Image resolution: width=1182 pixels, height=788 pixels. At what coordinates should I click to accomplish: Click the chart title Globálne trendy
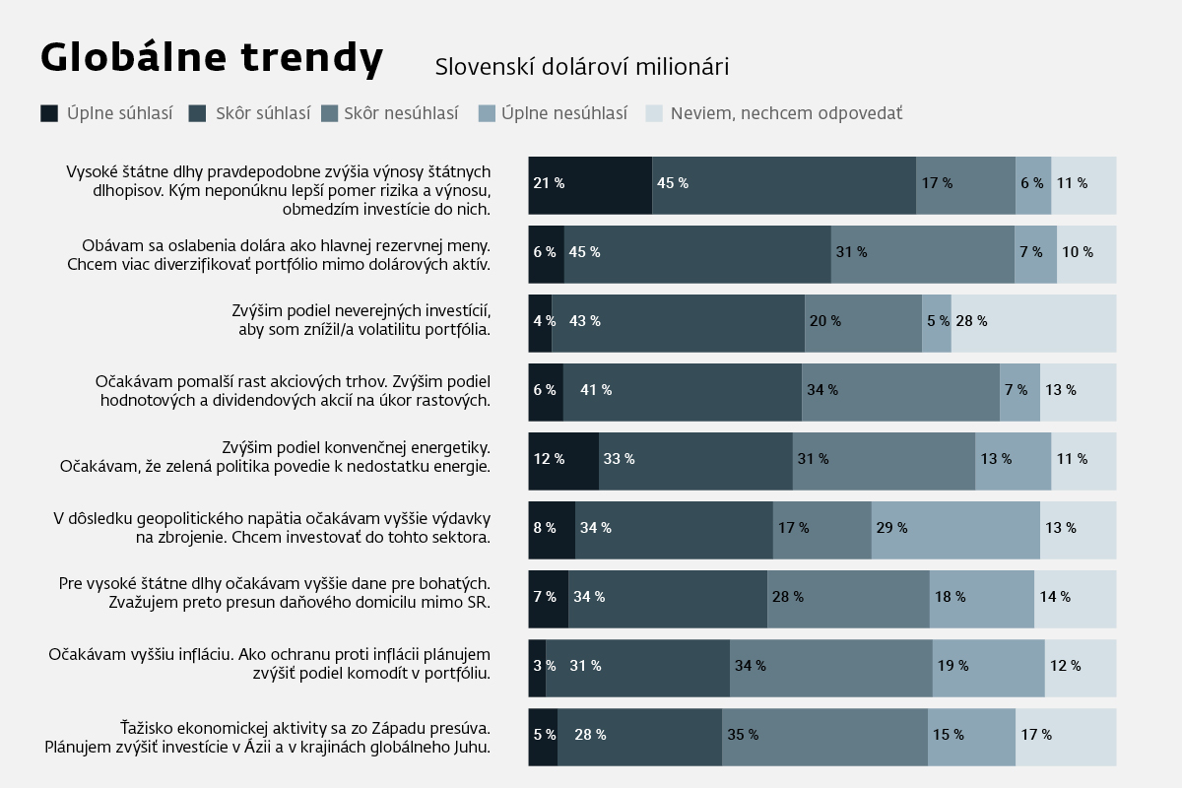click(x=211, y=58)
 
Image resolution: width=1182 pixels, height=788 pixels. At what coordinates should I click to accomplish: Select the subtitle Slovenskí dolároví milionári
click(x=581, y=67)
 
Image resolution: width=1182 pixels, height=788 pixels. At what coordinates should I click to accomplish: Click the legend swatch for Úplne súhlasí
click(x=49, y=113)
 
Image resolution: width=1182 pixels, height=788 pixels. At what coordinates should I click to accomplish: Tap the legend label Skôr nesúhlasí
click(x=401, y=113)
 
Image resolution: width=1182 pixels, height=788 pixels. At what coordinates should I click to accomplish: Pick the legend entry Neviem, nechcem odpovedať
click(x=786, y=113)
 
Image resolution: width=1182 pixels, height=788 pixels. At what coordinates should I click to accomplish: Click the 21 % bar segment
click(x=590, y=184)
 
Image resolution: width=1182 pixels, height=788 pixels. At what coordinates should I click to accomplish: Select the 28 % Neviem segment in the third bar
click(x=1033, y=322)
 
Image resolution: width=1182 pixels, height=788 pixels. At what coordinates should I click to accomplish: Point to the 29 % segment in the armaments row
click(x=955, y=529)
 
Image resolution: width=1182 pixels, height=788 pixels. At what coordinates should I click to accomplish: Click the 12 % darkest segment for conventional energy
click(x=563, y=460)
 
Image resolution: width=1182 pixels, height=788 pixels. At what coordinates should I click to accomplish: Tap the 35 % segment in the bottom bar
click(x=824, y=736)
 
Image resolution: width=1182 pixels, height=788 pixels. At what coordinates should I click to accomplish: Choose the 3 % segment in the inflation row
click(x=537, y=667)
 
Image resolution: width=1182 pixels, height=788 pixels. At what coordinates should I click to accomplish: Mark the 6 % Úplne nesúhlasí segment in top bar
click(x=1032, y=184)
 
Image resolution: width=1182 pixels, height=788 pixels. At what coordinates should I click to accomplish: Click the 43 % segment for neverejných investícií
click(x=678, y=322)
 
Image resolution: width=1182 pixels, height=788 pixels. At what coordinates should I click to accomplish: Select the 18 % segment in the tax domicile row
click(x=981, y=598)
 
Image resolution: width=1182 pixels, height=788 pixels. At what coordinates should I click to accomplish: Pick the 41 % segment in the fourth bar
click(x=682, y=391)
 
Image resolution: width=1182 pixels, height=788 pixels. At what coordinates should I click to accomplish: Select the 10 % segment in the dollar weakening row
click(x=1086, y=253)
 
